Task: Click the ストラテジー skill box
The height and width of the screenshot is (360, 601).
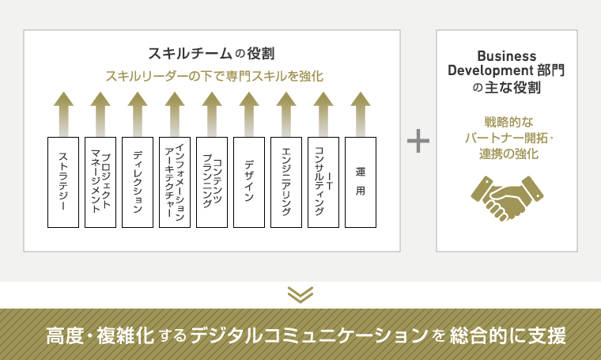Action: point(63,182)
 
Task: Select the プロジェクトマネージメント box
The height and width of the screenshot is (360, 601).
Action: point(100,182)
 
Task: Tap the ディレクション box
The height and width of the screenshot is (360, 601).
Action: point(138,182)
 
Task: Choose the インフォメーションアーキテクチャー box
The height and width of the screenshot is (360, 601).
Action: point(175,182)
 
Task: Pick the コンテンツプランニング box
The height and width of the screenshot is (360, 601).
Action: point(212,182)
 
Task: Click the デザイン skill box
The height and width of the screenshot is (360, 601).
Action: point(249,182)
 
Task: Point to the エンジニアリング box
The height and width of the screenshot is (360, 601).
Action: point(286,182)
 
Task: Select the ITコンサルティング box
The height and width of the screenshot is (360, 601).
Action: point(323,182)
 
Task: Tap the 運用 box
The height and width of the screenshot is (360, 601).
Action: point(361,182)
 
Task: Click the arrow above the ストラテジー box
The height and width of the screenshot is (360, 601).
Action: point(63,114)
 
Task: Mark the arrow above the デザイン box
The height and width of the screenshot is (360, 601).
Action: point(249,114)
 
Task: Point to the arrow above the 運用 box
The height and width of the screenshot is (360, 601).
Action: point(361,114)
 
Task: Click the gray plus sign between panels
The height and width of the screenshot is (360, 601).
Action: point(418,141)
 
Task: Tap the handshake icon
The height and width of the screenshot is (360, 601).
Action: point(507,199)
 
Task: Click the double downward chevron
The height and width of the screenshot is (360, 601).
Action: point(300,295)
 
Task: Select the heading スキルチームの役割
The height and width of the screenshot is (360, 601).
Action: point(211,53)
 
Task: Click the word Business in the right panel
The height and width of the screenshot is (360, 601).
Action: point(507,56)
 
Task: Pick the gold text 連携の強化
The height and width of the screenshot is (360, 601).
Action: point(508,153)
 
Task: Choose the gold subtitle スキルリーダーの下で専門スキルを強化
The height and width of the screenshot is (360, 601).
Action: point(214,76)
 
